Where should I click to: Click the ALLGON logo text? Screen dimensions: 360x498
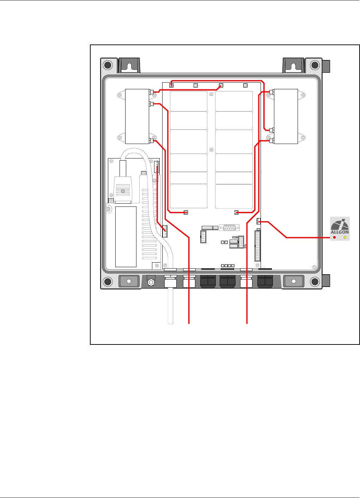tap(340, 232)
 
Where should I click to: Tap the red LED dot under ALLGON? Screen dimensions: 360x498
tap(335, 238)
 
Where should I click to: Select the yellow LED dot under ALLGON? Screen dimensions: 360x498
tap(345, 238)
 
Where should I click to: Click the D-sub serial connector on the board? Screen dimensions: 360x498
tap(230, 228)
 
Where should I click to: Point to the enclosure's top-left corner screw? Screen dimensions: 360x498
tap(108, 65)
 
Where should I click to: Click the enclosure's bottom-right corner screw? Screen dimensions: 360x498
tap(315, 281)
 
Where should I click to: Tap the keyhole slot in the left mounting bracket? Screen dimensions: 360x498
tap(129, 66)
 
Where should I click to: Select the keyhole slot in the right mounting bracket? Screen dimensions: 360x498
tap(293, 66)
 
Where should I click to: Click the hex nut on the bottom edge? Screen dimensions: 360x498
tap(151, 282)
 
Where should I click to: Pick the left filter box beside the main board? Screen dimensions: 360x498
tap(137, 116)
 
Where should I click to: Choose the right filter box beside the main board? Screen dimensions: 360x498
tap(286, 116)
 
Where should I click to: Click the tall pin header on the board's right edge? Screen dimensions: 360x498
tap(257, 246)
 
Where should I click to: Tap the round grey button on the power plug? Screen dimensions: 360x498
tap(123, 191)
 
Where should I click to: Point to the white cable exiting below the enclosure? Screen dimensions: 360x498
tap(170, 306)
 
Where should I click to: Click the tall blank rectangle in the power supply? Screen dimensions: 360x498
tap(126, 237)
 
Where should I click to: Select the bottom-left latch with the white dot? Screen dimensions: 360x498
tap(129, 281)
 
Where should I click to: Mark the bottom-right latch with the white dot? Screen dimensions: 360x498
tap(294, 281)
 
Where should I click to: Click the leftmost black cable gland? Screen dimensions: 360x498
tap(208, 281)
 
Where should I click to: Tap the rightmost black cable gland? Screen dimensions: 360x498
tap(265, 281)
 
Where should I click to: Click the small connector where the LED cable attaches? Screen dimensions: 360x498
tap(259, 221)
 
